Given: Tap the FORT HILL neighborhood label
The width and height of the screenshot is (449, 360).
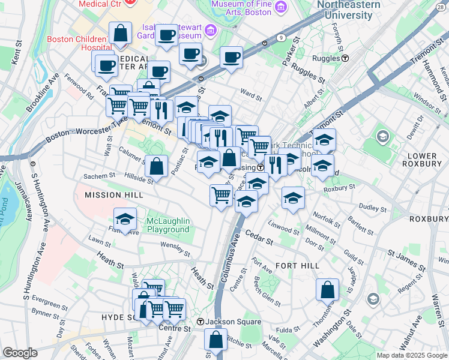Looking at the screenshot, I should click(295, 265).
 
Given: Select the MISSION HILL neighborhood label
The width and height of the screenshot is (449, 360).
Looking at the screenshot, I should click(113, 195).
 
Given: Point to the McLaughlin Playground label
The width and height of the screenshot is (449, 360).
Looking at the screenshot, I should click(168, 226).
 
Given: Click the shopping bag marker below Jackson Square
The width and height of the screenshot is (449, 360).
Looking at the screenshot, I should click(215, 339).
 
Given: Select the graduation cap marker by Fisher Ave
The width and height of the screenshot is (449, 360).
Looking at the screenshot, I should click(125, 220).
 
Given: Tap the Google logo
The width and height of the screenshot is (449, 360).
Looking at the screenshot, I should click(20, 353).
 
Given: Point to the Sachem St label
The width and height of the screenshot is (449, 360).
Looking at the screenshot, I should click(99, 176).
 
